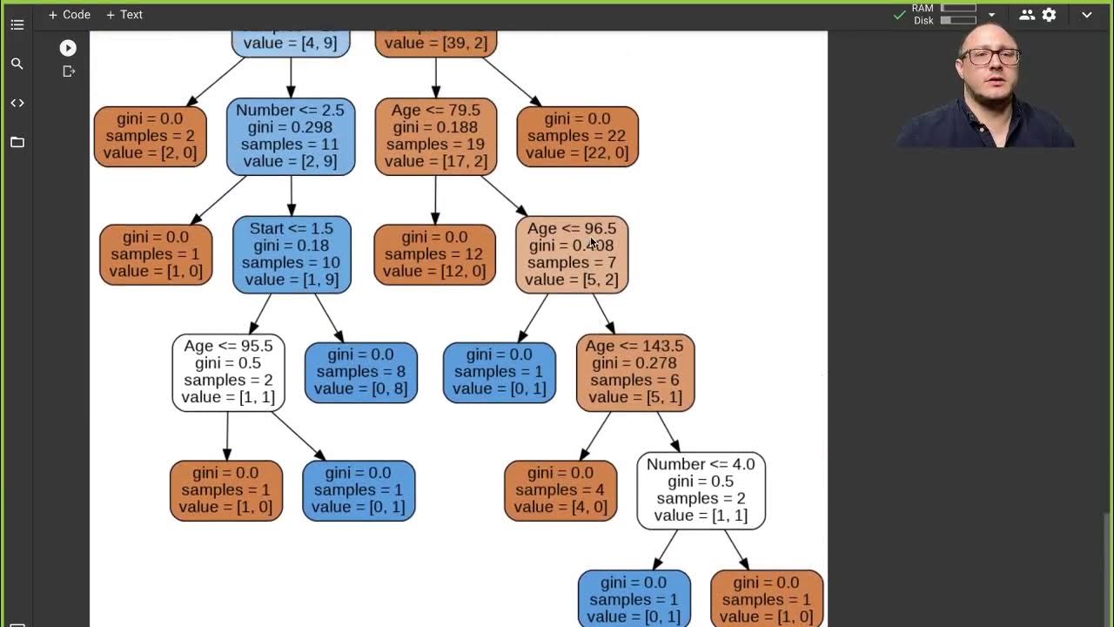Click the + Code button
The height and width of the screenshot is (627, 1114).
(69, 15)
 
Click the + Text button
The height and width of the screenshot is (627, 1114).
(124, 15)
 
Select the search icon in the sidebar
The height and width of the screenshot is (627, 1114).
(17, 64)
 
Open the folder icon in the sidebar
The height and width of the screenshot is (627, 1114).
(17, 142)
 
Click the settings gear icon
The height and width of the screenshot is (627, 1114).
(1050, 15)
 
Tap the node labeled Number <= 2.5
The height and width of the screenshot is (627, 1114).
(290, 136)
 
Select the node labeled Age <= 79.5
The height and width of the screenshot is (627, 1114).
(435, 136)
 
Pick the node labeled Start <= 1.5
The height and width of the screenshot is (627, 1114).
(292, 254)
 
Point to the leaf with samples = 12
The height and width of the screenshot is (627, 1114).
(434, 254)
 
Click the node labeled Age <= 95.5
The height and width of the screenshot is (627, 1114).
(228, 372)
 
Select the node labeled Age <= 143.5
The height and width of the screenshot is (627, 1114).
(634, 372)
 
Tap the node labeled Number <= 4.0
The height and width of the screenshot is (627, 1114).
(701, 490)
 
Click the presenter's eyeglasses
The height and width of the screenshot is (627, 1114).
(992, 57)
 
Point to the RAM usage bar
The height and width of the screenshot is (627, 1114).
(958, 9)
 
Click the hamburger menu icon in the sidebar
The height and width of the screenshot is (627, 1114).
(17, 24)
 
